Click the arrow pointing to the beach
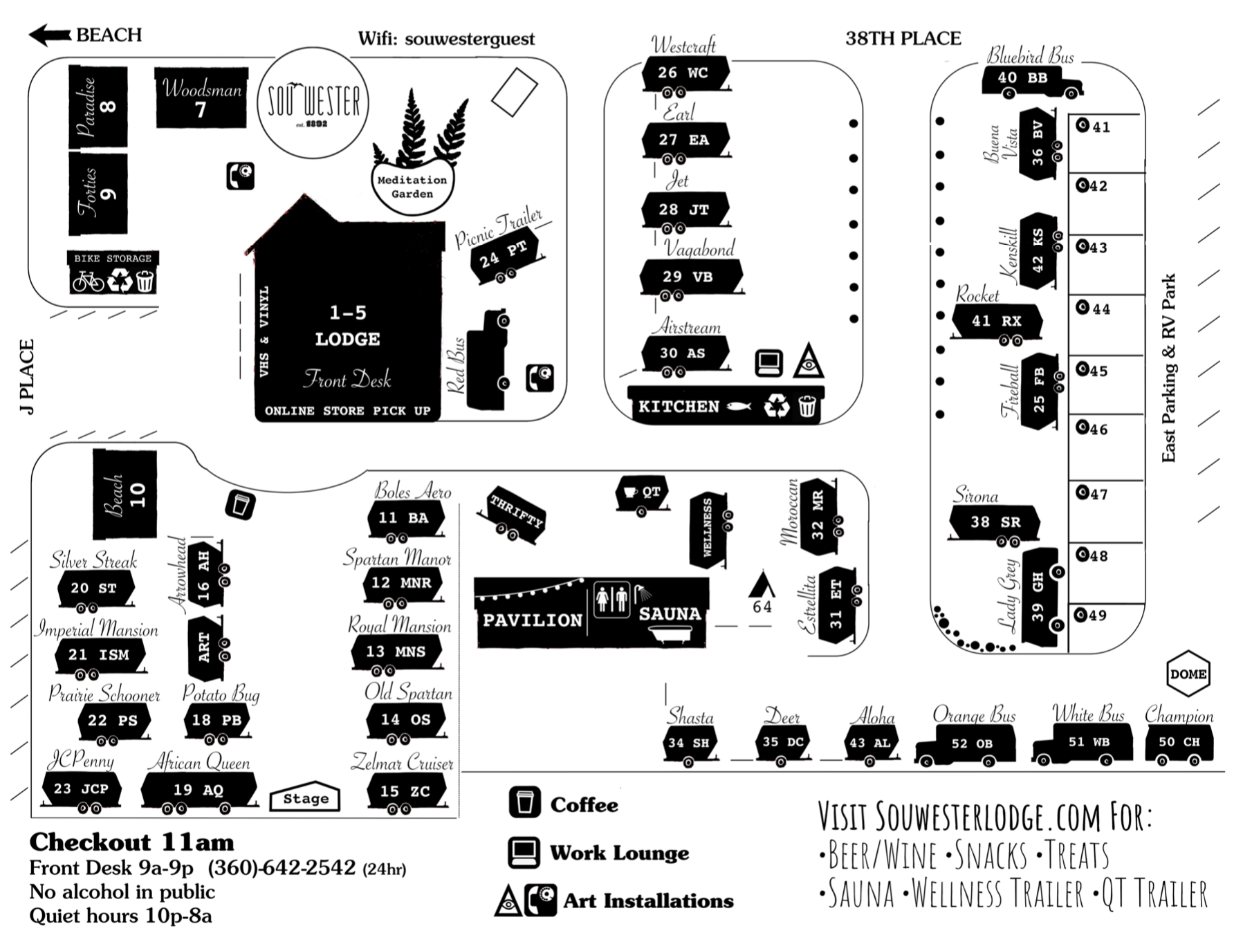coord(50,35)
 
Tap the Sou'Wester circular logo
coord(313,102)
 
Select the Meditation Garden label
coord(412,187)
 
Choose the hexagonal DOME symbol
coord(1188,674)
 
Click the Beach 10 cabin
coord(125,494)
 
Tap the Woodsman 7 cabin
coord(201,98)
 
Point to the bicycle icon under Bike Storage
coord(88,281)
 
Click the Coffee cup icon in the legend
coord(524,803)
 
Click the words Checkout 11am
coord(131,842)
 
